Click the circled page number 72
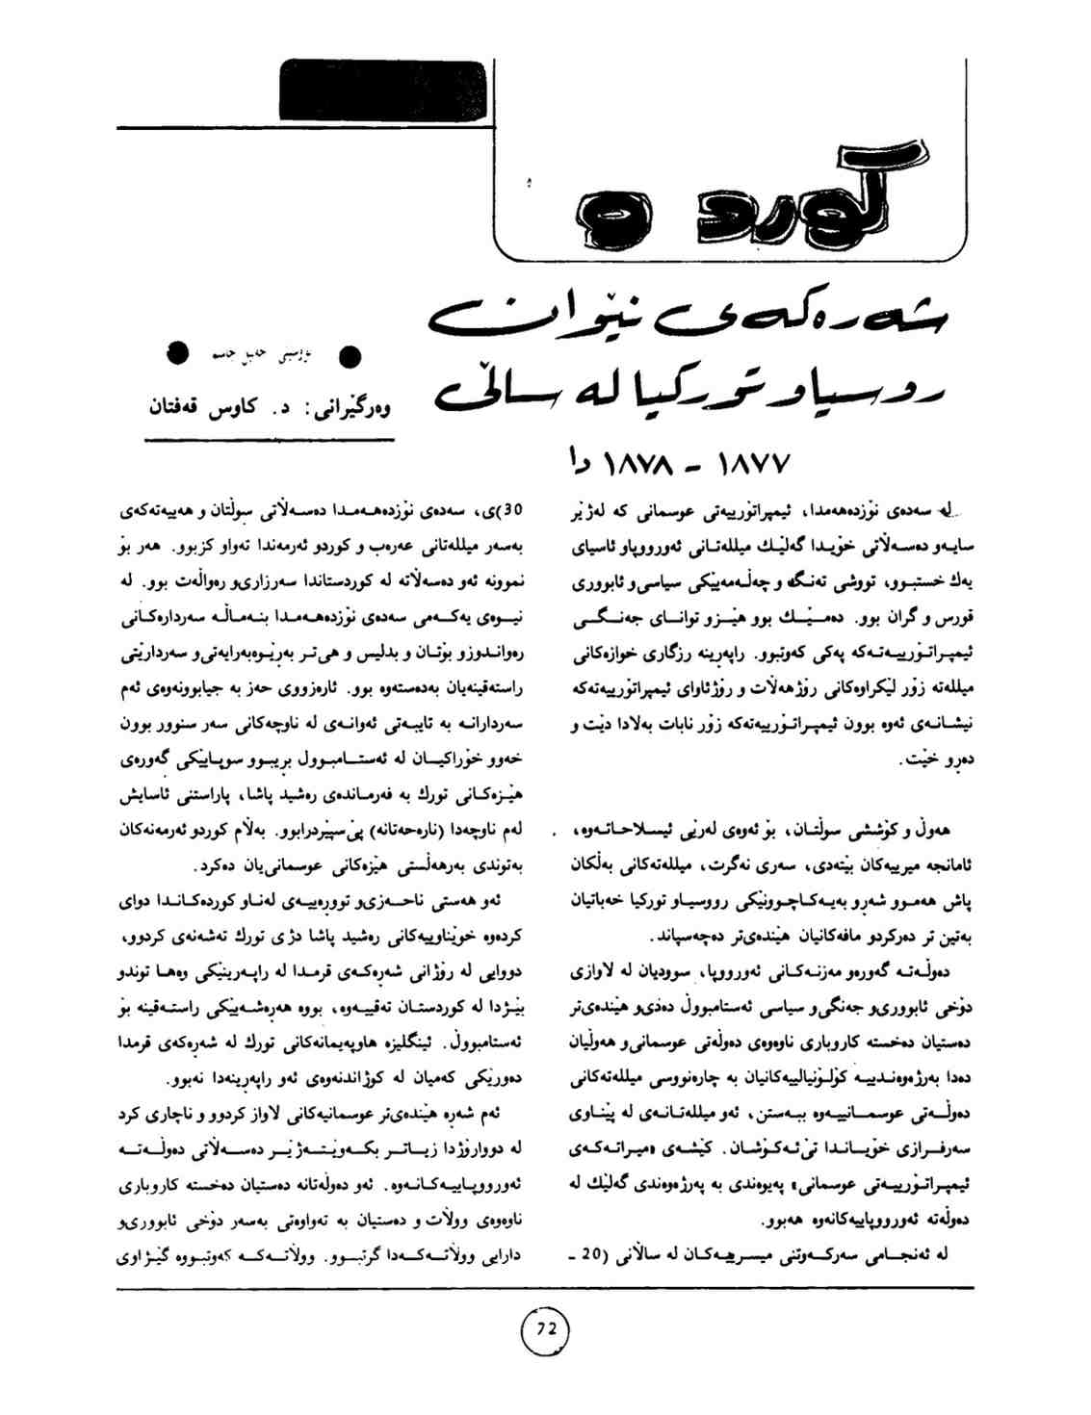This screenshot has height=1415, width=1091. pyautogui.click(x=545, y=1328)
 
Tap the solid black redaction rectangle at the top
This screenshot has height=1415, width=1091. pyautogui.click(x=383, y=90)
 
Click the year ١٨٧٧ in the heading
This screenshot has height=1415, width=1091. pyautogui.click(x=749, y=465)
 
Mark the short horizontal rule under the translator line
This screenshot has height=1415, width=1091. pyautogui.click(x=269, y=440)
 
